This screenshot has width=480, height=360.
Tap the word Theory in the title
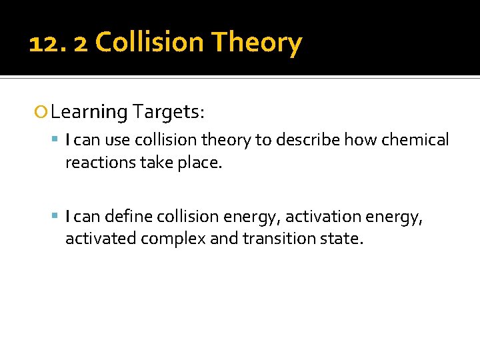[x=257, y=43]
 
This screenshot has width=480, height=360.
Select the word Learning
[x=89, y=113]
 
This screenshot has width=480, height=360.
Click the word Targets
[x=168, y=112]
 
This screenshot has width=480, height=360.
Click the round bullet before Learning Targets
[x=43, y=112]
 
